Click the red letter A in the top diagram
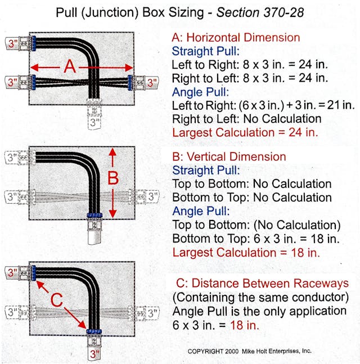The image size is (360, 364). point(69,67)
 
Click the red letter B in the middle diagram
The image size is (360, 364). point(113,179)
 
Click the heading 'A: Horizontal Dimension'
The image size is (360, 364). point(236,38)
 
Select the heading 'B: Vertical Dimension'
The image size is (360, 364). point(229,157)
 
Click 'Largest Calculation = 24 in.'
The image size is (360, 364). point(245,133)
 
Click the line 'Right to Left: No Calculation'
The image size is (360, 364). point(246,119)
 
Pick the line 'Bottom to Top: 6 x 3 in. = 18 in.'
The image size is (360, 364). point(255,239)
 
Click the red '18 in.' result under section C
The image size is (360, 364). point(246,325)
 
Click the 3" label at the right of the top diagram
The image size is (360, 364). point(151,83)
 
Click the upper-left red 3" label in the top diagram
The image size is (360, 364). point(11,42)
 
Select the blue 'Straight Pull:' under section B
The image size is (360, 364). point(206,170)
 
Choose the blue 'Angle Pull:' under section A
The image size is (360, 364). point(200,92)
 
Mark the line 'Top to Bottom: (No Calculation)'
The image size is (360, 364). point(256,225)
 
